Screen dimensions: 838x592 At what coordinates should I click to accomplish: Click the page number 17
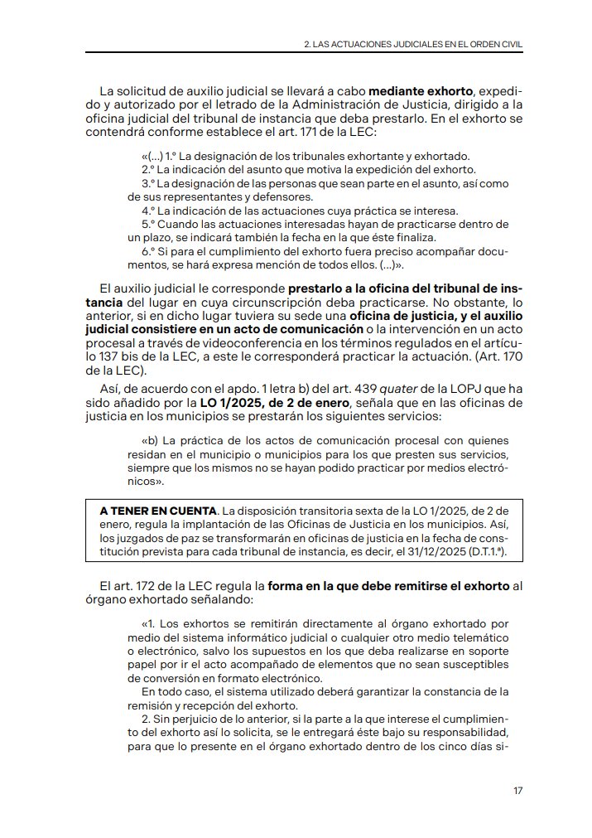(517, 791)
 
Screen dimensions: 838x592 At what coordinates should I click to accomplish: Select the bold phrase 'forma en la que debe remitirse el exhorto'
(388, 586)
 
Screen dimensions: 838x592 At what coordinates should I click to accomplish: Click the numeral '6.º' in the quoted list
(150, 251)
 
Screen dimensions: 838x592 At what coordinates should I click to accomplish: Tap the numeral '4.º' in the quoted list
(150, 211)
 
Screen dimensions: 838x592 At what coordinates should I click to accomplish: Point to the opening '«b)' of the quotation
(150, 440)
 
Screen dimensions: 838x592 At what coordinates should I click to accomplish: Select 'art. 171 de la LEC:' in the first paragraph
(324, 132)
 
